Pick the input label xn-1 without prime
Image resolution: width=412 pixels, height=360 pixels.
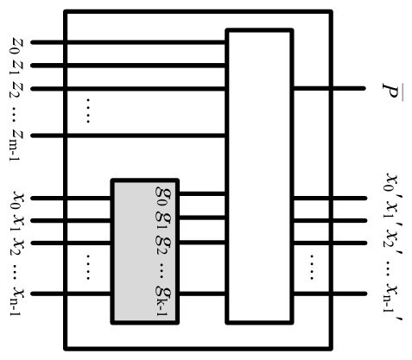point(17,301)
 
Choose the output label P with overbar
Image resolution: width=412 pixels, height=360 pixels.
point(393,92)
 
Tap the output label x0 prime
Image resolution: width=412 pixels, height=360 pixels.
point(393,183)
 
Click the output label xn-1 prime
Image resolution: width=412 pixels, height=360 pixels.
point(393,303)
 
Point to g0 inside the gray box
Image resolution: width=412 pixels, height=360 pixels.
point(162,196)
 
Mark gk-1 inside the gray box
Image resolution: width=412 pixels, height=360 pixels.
point(162,301)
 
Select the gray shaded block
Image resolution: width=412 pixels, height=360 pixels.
point(145,251)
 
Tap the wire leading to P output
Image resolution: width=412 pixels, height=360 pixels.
point(329,88)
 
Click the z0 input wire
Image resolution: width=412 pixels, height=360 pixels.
point(129,42)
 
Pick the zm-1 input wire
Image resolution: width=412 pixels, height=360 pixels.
point(129,136)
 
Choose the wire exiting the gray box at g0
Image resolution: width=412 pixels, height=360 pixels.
point(202,193)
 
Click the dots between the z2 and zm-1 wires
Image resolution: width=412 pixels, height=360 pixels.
point(88,111)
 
